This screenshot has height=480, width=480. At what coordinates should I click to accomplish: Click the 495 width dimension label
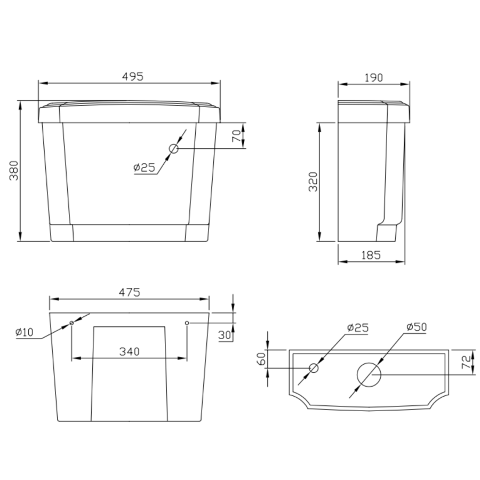point(133,76)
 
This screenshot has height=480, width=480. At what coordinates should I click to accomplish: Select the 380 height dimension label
point(14,171)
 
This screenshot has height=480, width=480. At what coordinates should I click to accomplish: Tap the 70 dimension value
point(236,136)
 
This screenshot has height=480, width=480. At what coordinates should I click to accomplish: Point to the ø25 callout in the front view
point(144,167)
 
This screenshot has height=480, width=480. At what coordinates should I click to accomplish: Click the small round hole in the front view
point(173,149)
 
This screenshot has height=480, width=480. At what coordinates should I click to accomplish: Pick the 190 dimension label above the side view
point(373,78)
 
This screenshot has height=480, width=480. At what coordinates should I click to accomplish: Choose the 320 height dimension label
point(313,182)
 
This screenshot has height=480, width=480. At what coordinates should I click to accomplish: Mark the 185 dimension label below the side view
point(371,255)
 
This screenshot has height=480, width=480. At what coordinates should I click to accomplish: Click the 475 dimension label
point(130,292)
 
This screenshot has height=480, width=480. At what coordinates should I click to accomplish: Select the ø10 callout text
point(25,332)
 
